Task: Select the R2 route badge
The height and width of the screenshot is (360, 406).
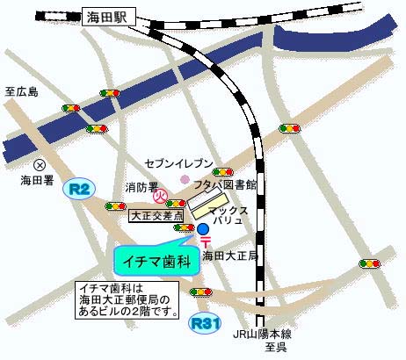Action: (x=81, y=188)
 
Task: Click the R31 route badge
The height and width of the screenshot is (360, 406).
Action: (x=204, y=323)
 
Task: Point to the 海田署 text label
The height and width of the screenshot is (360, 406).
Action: (x=37, y=180)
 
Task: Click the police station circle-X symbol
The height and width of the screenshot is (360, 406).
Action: (x=39, y=164)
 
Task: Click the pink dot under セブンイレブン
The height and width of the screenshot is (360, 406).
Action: (x=185, y=179)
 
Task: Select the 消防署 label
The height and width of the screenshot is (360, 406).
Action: (x=140, y=187)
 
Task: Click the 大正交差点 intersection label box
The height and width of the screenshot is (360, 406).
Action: (x=155, y=213)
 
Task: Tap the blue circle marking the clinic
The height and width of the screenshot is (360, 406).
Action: (x=203, y=229)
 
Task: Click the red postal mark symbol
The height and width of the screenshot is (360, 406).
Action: (x=204, y=243)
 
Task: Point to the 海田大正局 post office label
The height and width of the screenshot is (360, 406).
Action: (x=229, y=256)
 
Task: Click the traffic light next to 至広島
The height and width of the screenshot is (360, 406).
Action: (x=73, y=108)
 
